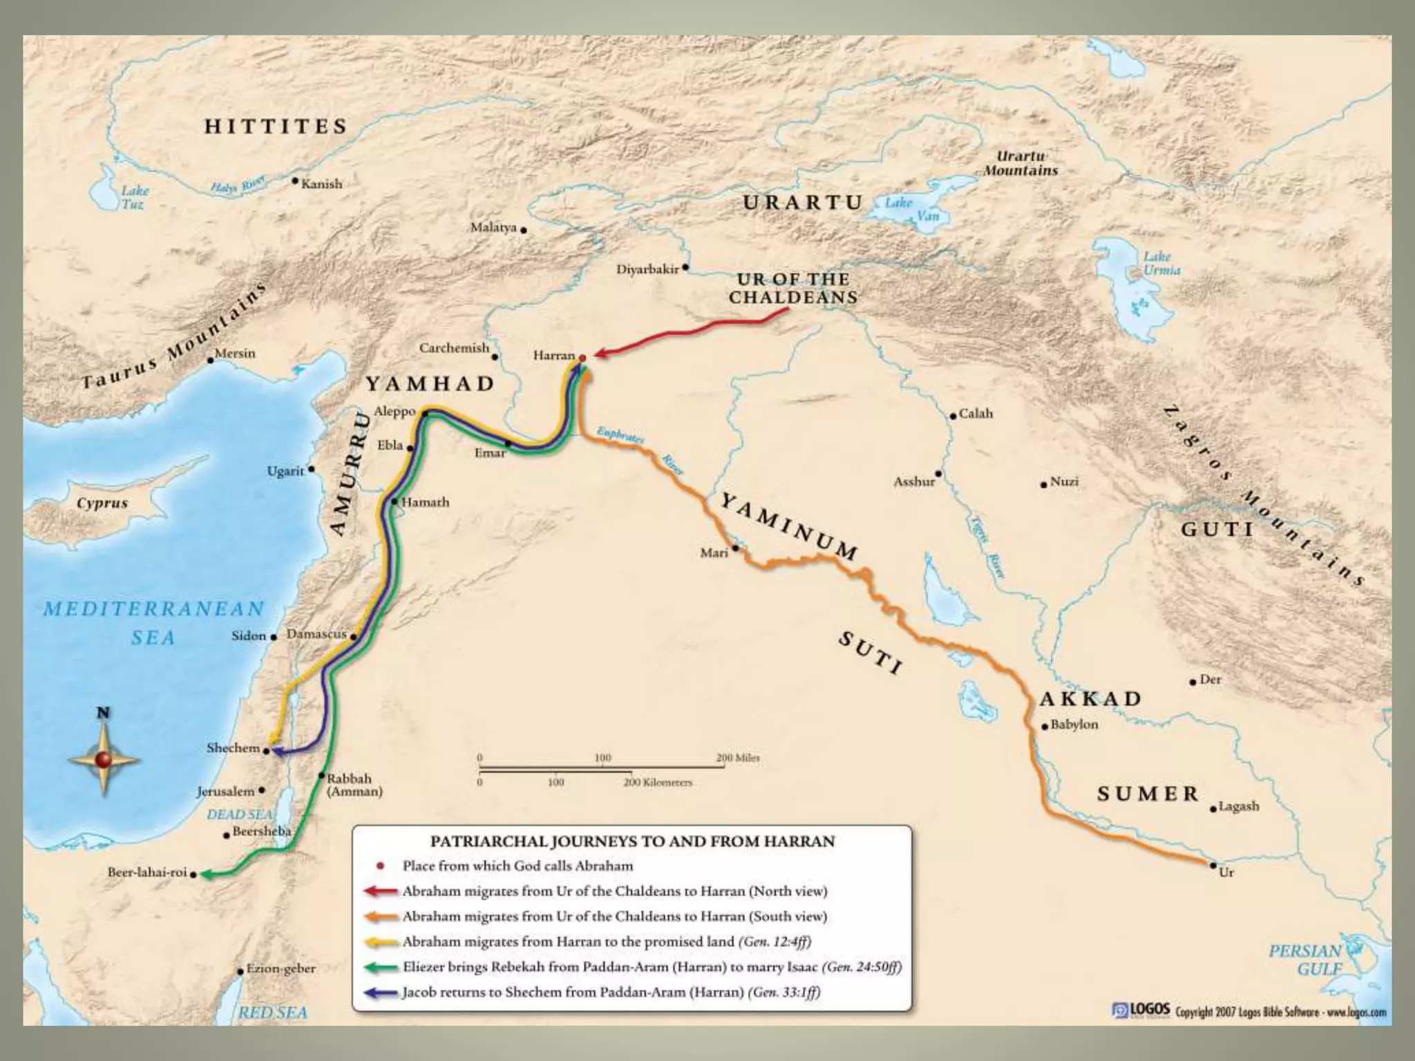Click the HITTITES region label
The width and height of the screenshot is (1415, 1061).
click(275, 126)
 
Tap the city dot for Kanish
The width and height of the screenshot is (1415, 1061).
click(295, 182)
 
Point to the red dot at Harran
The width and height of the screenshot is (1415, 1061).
click(582, 358)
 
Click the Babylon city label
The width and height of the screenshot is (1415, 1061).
click(1074, 725)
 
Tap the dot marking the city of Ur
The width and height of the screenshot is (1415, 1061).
click(1213, 865)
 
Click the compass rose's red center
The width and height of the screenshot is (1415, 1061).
click(104, 760)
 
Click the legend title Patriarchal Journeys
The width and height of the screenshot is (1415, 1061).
click(632, 841)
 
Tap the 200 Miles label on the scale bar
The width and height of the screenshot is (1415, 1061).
click(737, 758)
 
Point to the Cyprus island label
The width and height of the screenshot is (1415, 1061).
click(102, 503)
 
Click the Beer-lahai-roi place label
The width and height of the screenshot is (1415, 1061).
click(147, 872)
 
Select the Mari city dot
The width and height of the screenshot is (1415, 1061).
click(736, 548)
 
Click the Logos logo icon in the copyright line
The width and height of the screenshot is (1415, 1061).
click(1120, 1011)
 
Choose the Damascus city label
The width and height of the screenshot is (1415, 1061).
click(316, 633)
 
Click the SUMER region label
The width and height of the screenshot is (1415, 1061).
click(1148, 794)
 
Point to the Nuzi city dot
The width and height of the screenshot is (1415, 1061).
click(1044, 485)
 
